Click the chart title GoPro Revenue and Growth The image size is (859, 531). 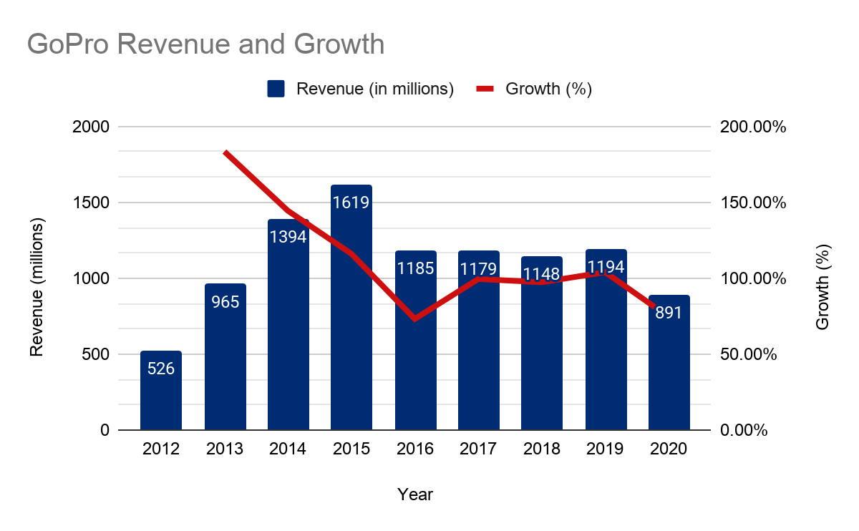click(206, 44)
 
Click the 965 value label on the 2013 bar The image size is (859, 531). click(225, 301)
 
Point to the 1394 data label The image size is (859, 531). click(288, 237)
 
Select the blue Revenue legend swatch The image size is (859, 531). click(276, 89)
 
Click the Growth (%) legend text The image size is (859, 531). click(548, 89)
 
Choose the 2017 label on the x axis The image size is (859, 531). click(478, 449)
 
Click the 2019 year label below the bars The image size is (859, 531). click(606, 449)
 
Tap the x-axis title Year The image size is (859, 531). click(415, 495)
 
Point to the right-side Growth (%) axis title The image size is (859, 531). click(822, 287)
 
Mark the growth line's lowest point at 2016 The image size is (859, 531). click(415, 318)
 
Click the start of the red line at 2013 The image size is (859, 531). click(225, 152)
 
